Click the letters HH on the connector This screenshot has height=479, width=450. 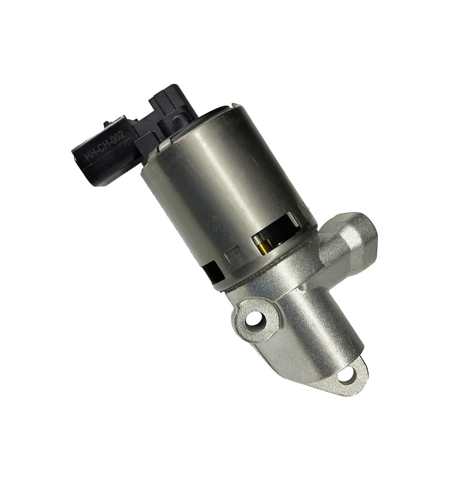click(x=91, y=154)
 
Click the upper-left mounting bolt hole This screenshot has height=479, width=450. click(x=254, y=320)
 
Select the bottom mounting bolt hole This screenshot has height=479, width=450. click(x=346, y=376)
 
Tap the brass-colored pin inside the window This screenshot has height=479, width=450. click(x=262, y=244)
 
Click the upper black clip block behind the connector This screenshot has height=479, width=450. click(x=165, y=101)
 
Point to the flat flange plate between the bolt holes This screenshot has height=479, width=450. click(x=298, y=362)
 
